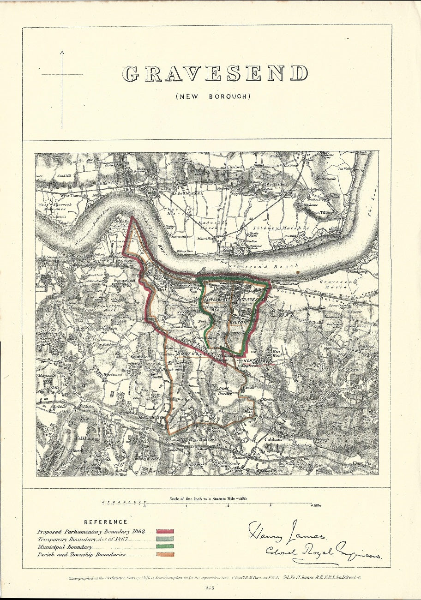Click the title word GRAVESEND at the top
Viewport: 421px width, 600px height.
click(215, 74)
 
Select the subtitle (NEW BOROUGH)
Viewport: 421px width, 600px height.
click(213, 96)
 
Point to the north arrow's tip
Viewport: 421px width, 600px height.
click(62, 51)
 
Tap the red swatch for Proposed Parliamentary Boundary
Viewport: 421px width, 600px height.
click(165, 532)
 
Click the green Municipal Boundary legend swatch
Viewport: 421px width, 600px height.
click(165, 546)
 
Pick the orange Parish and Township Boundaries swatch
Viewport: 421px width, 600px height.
click(165, 554)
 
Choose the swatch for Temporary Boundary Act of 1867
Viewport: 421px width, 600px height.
click(165, 539)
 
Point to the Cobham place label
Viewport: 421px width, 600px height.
click(273, 440)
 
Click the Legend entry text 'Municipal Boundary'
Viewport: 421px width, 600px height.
click(65, 546)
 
